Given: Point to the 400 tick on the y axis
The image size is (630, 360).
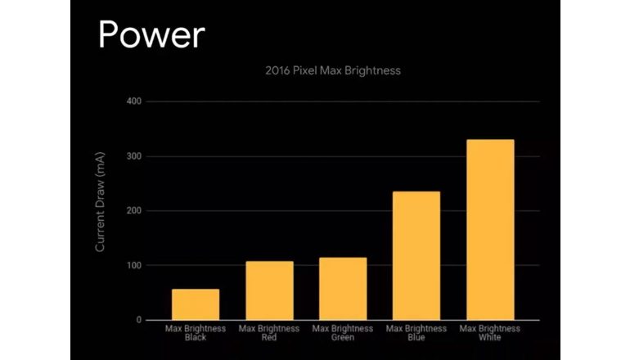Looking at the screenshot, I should [x=133, y=101].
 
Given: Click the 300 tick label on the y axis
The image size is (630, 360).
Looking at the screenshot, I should [x=133, y=156].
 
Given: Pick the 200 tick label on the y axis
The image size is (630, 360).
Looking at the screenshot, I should [x=133, y=211].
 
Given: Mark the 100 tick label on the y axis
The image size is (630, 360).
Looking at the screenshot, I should [x=133, y=266].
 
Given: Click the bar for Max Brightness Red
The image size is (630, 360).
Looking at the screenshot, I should [x=269, y=290].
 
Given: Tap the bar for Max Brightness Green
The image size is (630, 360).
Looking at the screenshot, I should [x=343, y=289].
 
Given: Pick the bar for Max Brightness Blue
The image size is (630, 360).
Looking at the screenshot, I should [x=416, y=256].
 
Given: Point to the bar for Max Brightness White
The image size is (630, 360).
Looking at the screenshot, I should [x=490, y=230].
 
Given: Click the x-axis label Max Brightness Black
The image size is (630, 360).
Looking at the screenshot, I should [x=195, y=332].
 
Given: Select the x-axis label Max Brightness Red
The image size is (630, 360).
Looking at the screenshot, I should [x=269, y=332].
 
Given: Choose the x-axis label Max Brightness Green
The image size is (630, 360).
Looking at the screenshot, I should [x=343, y=332].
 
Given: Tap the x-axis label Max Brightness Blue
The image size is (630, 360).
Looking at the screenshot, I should [x=416, y=332].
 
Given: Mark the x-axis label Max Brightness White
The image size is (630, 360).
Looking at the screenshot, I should [x=490, y=332].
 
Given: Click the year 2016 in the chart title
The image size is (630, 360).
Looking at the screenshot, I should [x=278, y=71].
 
